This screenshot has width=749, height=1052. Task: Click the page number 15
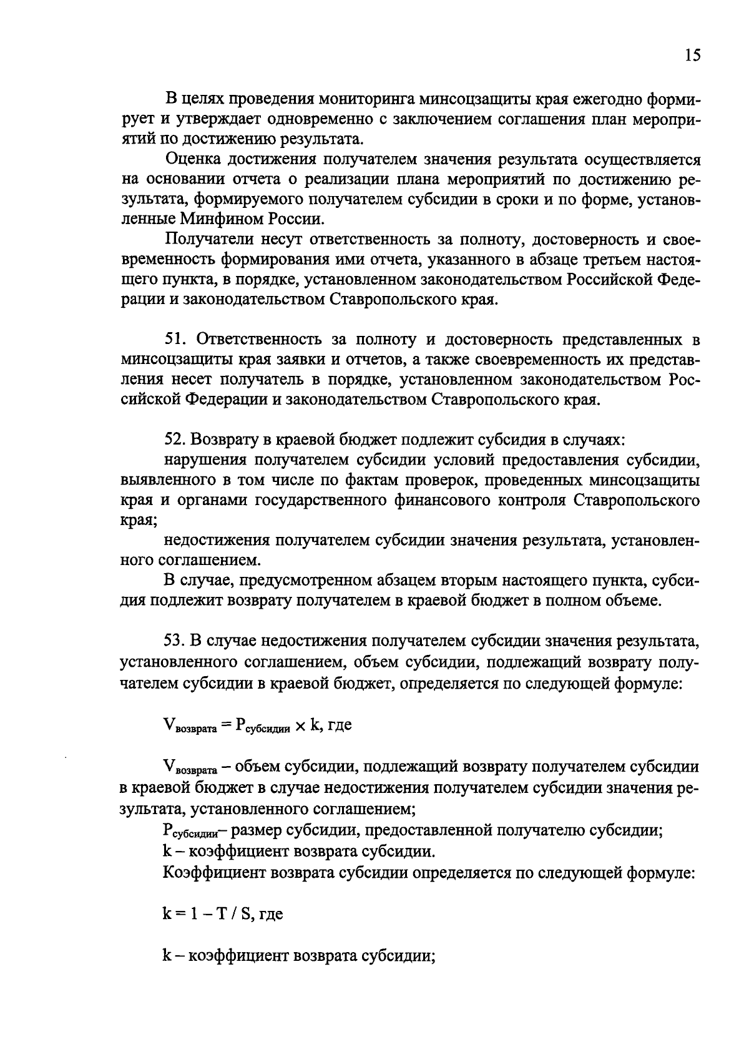pos(692,56)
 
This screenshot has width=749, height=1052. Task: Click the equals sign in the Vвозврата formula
pos(225,725)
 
